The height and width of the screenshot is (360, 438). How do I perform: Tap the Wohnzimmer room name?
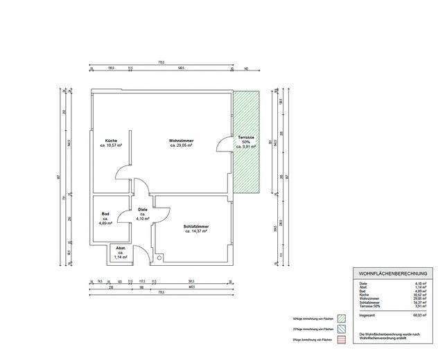click(179, 141)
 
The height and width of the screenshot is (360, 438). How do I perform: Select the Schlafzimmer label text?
click(197, 226)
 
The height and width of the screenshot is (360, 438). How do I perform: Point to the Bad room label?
click(105, 214)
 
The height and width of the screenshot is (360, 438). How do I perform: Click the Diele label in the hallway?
click(143, 209)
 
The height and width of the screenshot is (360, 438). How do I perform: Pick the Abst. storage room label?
click(121, 248)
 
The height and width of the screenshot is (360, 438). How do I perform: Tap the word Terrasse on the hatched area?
click(246, 137)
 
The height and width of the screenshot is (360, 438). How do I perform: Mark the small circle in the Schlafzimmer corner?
click(159, 259)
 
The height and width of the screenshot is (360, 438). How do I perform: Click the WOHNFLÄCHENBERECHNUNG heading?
click(393, 274)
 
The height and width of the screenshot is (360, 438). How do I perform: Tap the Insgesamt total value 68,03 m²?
click(420, 315)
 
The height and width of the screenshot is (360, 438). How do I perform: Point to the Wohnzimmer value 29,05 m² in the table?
click(420, 296)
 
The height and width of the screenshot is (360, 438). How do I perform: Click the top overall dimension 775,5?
click(161, 62)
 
